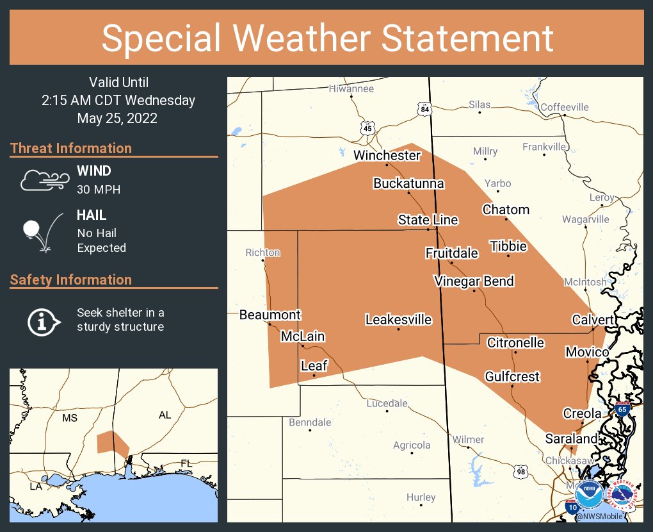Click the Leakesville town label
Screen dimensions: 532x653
398,319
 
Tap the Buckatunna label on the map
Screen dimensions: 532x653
408,183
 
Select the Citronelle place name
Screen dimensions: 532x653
515,343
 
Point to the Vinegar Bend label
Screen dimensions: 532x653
474,281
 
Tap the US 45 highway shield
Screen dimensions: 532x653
367,128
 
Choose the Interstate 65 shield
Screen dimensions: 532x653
622,409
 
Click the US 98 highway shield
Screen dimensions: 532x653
521,472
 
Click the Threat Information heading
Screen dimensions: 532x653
71,148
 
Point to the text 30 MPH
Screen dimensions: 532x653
99,190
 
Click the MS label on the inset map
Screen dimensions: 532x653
69,418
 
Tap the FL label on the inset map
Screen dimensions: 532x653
186,463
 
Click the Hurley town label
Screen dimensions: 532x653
421,497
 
